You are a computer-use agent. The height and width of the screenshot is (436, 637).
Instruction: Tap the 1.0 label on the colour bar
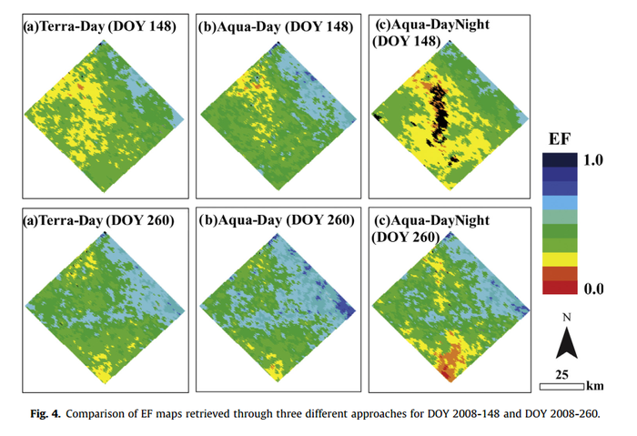[593, 160]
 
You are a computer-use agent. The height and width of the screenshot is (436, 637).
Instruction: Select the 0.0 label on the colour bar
[593, 289]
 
